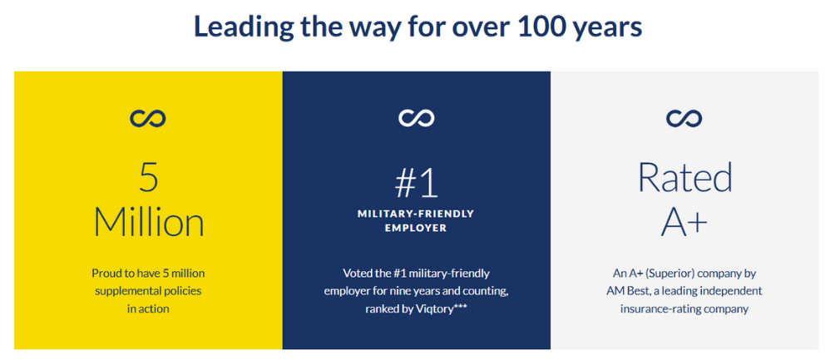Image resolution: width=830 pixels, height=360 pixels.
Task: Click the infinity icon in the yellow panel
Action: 148,119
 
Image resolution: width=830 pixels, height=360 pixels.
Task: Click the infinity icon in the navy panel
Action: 416,119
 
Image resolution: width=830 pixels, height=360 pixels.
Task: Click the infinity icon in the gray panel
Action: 684,119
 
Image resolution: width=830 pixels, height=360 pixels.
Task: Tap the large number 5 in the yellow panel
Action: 148,177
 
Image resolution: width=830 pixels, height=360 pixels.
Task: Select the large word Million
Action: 148,222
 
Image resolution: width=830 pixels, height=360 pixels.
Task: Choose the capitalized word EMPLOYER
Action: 416,227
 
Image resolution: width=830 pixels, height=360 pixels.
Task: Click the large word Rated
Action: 684,177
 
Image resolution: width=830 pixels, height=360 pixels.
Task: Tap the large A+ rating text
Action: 684,221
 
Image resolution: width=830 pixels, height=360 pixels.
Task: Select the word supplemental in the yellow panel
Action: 124,291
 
